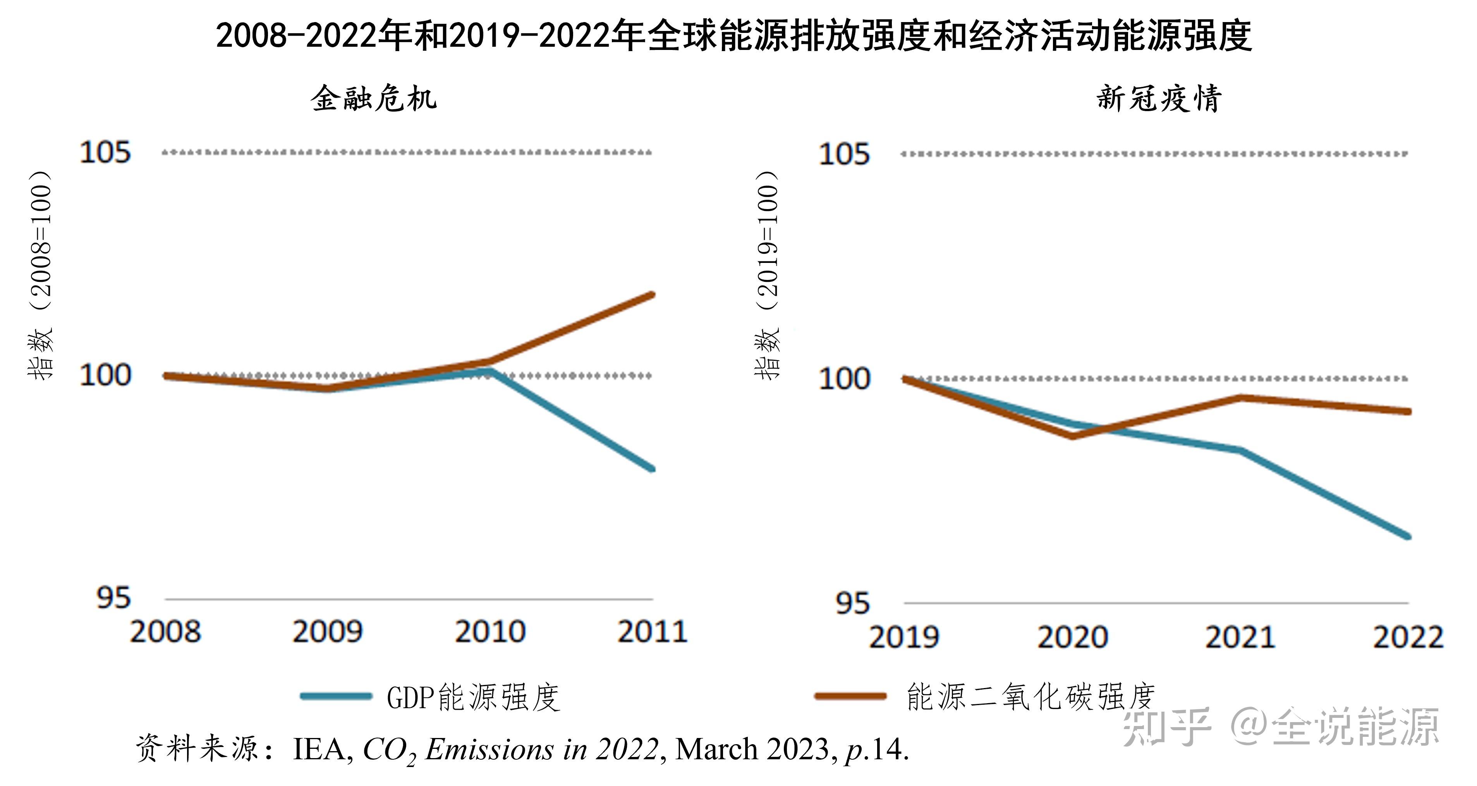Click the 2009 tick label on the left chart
point(327,632)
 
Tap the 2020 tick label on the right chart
point(1072,637)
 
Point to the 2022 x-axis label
point(1408,637)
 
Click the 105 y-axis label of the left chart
point(105,153)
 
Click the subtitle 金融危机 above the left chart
point(374,99)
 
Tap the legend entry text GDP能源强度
point(473,698)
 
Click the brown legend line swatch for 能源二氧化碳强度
point(850,697)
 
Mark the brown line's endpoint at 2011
point(651,296)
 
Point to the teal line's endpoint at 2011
point(651,469)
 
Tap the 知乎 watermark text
point(1167,727)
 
